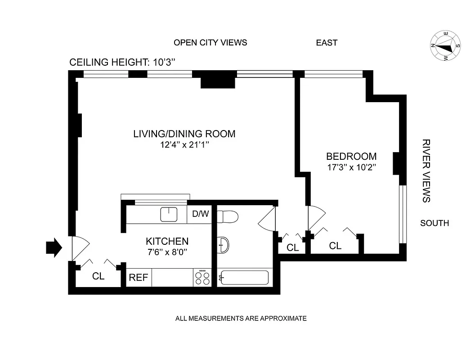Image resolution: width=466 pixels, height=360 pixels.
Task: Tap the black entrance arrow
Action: (54, 248)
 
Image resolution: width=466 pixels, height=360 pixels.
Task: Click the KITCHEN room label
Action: (167, 241)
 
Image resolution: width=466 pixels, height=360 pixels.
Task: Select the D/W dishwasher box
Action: (201, 214)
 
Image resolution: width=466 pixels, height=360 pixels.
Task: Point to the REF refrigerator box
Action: (139, 278)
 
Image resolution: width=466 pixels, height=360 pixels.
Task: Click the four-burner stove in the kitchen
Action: (202, 278)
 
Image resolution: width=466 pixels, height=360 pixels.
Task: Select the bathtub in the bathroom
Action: (244, 278)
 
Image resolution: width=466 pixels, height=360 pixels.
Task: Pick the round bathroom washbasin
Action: (224, 246)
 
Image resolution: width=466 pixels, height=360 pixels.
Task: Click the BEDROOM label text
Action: (351, 157)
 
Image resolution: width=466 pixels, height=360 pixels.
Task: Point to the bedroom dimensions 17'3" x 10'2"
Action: (351, 167)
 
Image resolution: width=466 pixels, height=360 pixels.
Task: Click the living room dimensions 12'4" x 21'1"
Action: (184, 144)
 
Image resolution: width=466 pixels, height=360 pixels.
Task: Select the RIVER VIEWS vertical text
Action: (426, 171)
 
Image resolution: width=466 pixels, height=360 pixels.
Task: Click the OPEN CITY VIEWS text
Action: (210, 43)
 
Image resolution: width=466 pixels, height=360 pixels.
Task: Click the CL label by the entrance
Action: (99, 276)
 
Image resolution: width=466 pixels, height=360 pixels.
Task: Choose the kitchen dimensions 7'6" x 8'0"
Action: (167, 252)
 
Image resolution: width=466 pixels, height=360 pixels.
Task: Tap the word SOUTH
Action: (434, 223)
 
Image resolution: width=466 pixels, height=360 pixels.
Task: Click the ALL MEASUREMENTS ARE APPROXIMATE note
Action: (241, 319)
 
